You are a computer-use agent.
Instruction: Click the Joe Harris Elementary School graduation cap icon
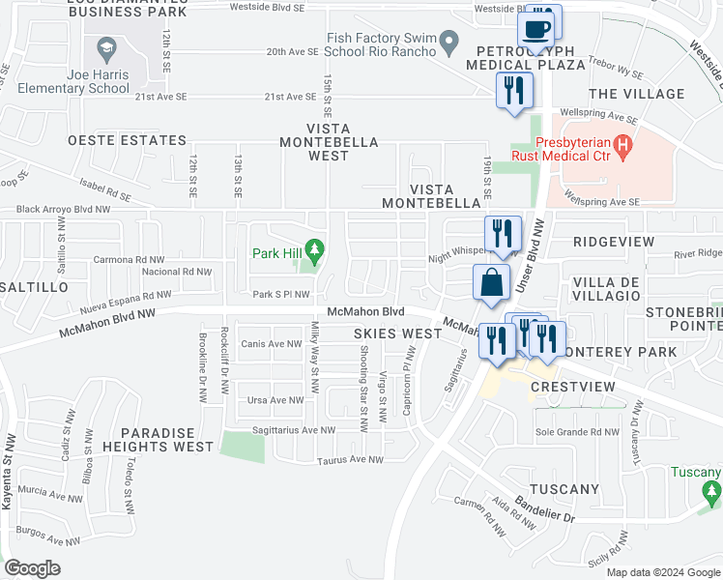pyautogui.click(x=103, y=46)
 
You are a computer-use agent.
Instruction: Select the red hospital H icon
pyautogui.click(x=623, y=147)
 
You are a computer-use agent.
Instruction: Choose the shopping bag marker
pyautogui.click(x=491, y=284)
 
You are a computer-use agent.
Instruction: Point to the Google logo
pyautogui.click(x=33, y=568)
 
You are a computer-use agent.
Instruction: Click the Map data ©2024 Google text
pyautogui.click(x=662, y=572)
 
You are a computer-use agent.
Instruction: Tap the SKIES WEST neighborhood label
pyautogui.click(x=397, y=333)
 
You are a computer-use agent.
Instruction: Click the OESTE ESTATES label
pyautogui.click(x=127, y=141)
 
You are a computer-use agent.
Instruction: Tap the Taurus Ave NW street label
pyautogui.click(x=350, y=460)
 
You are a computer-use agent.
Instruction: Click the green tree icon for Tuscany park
pyautogui.click(x=712, y=493)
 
